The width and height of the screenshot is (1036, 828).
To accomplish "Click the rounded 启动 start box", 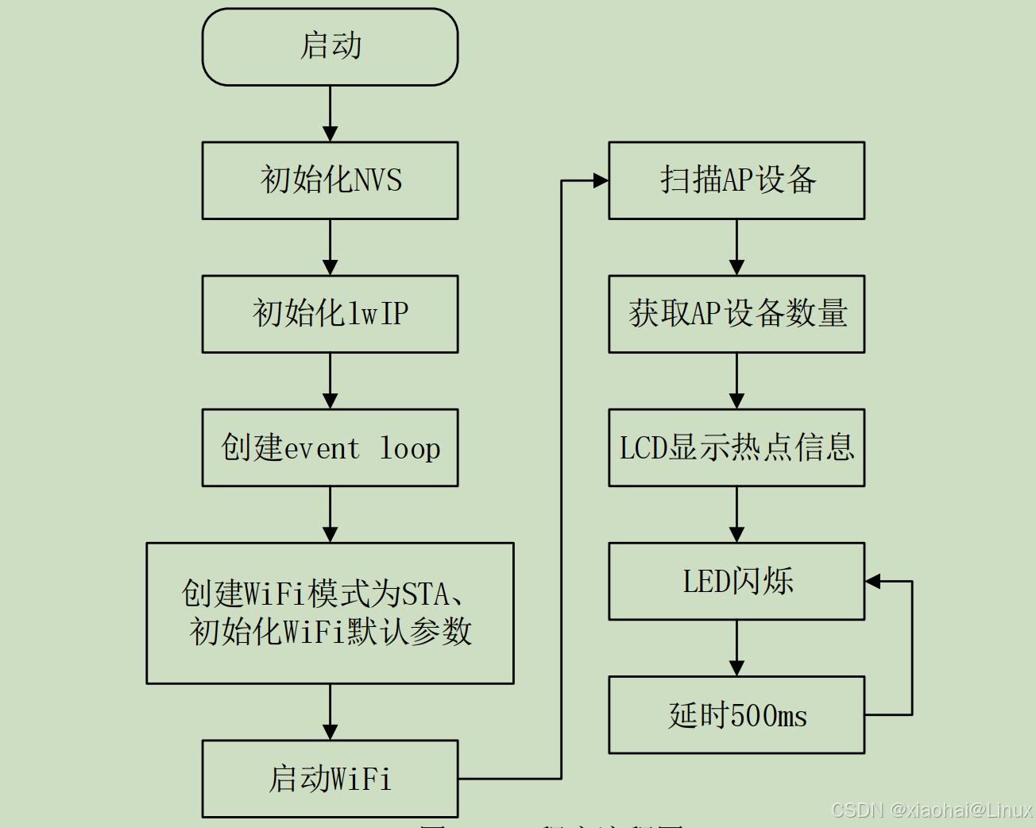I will [x=330, y=47].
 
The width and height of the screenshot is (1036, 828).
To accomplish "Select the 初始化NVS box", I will [x=330, y=180].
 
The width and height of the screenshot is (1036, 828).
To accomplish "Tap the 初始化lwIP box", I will [x=330, y=314].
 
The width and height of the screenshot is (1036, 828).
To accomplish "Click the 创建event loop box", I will [x=330, y=447].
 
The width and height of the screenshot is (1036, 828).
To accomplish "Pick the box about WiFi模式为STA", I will [x=330, y=613].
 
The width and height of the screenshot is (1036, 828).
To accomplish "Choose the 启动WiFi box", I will [x=330, y=779].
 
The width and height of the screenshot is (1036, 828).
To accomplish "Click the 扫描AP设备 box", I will [x=736, y=180].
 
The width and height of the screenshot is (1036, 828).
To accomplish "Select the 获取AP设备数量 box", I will [x=736, y=314].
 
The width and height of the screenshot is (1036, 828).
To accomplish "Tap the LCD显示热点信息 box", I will [x=736, y=447].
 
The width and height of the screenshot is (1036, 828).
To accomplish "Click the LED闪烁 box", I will [x=736, y=581].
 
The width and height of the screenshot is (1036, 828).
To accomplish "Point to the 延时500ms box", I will [x=736, y=715].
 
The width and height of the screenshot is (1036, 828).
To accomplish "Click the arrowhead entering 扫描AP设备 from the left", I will [x=601, y=181].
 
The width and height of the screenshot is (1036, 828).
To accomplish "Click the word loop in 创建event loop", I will [x=409, y=449].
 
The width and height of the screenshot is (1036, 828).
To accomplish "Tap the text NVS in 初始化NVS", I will [x=377, y=180].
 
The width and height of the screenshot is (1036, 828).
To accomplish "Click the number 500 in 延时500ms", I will [x=752, y=716].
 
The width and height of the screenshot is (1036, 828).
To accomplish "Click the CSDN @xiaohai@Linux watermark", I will [x=931, y=811].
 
